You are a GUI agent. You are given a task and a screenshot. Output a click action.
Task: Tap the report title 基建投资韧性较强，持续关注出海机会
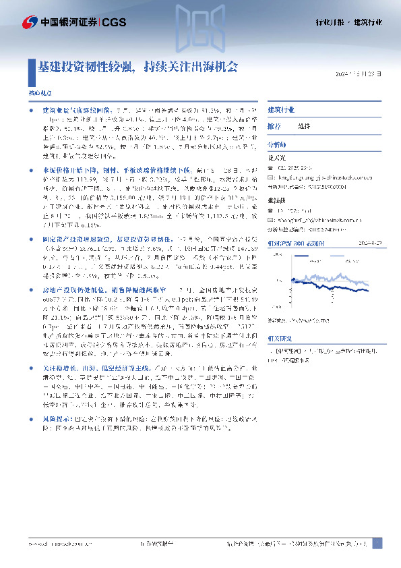coord(137,67)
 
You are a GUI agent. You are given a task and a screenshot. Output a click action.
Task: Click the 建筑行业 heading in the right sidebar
coord(280,109)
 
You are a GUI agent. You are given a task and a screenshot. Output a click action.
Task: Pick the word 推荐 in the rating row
coord(274,126)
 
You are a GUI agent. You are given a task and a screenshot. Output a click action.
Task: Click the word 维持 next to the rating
coord(305,126)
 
